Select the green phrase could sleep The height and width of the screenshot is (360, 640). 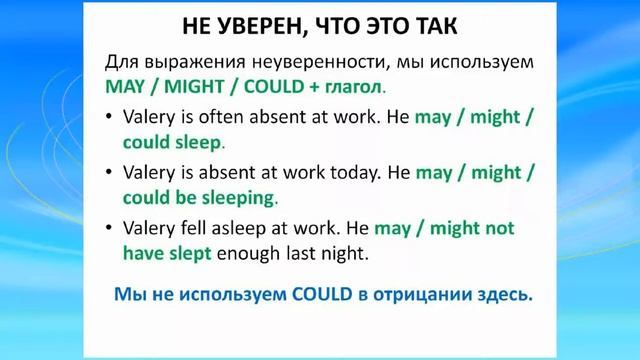pos(173,142)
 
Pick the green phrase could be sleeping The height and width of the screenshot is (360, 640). pos(198,197)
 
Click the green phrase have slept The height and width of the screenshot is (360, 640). pos(167,253)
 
